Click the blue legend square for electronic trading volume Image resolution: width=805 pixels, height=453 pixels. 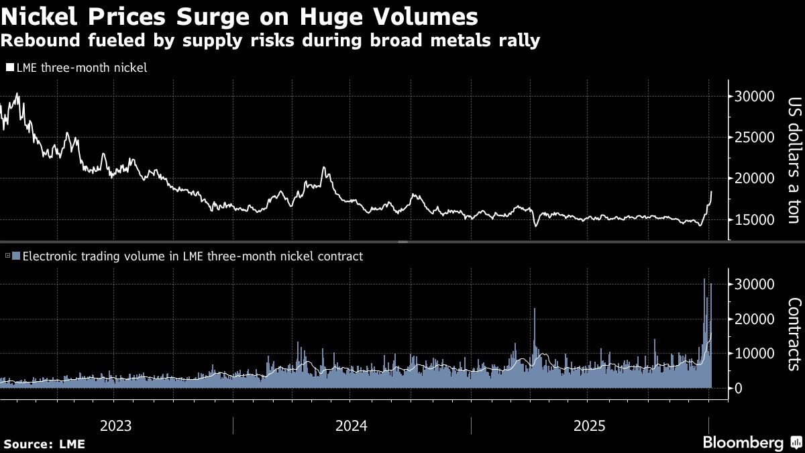click(x=17, y=256)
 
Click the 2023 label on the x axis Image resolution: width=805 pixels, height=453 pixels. click(x=115, y=425)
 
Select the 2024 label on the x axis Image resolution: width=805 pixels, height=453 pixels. click(x=352, y=425)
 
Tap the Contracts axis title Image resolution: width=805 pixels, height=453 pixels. click(x=794, y=334)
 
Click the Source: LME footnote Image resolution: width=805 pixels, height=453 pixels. click(x=44, y=444)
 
